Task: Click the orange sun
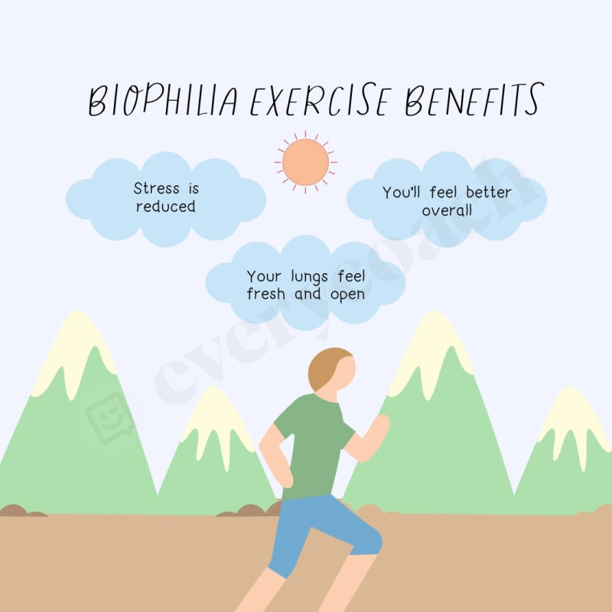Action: click(305, 161)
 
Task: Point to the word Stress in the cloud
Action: click(156, 188)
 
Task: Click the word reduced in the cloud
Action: click(165, 207)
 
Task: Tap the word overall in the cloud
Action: click(447, 210)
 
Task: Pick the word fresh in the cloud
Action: click(265, 295)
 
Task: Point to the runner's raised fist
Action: click(379, 425)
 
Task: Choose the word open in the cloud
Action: click(347, 295)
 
